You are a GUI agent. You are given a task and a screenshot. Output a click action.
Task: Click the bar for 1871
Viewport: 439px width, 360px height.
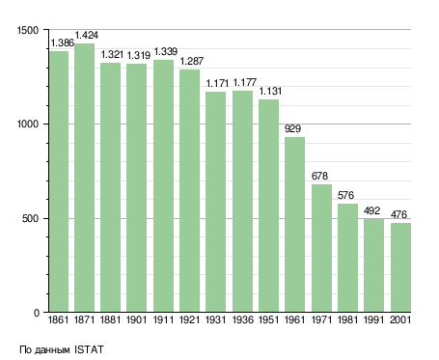tap(85, 178)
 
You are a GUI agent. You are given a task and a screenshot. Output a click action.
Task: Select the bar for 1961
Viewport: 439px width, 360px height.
tap(294, 225)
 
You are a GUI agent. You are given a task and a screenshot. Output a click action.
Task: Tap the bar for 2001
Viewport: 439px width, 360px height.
tap(400, 267)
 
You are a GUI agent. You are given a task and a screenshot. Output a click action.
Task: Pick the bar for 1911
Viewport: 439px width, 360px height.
tap(163, 185)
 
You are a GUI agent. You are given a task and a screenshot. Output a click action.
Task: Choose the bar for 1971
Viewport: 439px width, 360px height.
tap(321, 248)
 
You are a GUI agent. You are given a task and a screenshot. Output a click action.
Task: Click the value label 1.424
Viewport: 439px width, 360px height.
tap(87, 35)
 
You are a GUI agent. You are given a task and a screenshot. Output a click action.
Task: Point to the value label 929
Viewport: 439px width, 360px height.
tap(292, 128)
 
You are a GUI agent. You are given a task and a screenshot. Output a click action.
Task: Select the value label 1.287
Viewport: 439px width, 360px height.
tap(192, 61)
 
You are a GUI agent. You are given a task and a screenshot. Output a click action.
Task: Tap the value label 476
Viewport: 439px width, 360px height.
tap(398, 214)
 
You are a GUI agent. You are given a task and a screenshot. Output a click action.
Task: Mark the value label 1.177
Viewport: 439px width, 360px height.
tap(244, 82)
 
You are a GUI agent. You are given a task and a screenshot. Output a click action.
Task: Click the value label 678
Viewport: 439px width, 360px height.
tap(319, 176)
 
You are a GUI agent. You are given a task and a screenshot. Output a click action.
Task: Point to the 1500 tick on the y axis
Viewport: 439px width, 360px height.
tap(28, 30)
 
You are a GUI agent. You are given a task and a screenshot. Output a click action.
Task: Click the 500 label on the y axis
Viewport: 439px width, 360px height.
tap(30, 219)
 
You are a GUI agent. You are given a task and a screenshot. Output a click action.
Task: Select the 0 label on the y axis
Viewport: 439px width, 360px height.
tap(36, 313)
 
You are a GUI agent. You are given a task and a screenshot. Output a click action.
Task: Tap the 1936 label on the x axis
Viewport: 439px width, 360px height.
tap(242, 320)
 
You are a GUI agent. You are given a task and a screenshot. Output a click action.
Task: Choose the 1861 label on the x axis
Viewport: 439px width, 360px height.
tap(58, 320)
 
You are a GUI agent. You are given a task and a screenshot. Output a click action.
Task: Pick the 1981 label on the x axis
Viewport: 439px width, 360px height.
tap(347, 320)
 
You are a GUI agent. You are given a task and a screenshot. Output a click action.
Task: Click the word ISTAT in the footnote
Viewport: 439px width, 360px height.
tap(90, 349)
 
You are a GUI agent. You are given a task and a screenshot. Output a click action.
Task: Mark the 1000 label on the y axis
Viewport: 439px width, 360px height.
tap(28, 125)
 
